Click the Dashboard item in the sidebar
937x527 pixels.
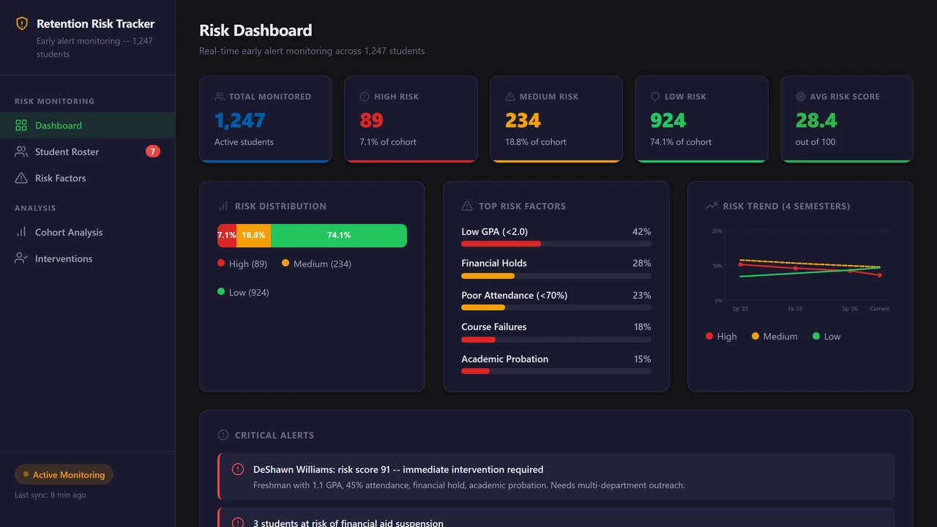point(59,125)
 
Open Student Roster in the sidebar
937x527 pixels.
point(67,152)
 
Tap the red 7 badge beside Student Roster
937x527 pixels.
point(152,152)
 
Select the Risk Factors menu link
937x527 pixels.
point(60,178)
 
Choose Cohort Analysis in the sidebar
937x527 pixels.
point(69,232)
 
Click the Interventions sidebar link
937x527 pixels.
point(64,258)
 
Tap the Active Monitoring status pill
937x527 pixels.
point(64,474)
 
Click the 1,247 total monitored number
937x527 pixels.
point(239,120)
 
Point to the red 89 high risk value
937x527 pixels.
point(371,120)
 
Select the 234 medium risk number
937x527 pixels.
point(523,120)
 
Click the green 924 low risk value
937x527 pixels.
point(668,120)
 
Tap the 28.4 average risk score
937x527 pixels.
point(816,120)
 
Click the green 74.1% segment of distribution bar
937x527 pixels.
point(338,236)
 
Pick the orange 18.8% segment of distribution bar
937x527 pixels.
point(253,236)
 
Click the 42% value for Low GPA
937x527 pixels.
point(641,231)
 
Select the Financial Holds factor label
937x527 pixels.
point(493,263)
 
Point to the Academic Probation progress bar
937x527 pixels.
point(556,371)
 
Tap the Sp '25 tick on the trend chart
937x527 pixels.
point(740,309)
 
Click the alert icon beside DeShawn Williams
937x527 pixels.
point(238,469)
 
